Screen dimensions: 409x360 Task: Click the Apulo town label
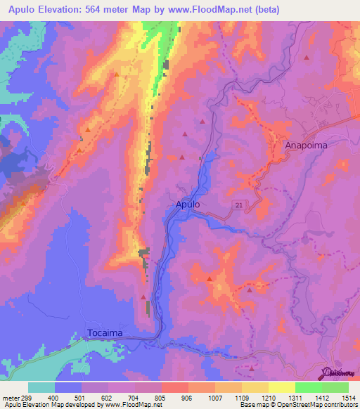point(188,205)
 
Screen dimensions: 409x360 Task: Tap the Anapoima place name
point(307,145)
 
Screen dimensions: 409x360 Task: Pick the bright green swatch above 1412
point(309,387)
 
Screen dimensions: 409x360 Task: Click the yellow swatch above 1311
point(281,387)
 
